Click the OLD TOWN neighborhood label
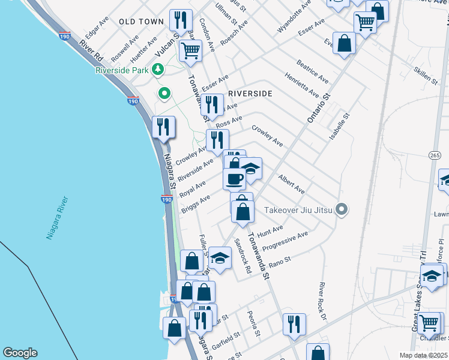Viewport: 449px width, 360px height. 141,22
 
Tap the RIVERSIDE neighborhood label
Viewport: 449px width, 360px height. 251,94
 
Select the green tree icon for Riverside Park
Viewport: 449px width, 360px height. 158,70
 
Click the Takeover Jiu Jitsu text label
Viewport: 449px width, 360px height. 299,210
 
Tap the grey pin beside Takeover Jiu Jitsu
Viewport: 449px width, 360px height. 342,209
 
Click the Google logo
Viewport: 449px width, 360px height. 20,353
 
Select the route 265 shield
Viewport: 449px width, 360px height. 435,155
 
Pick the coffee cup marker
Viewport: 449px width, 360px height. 234,178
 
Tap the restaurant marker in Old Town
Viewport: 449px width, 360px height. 179,20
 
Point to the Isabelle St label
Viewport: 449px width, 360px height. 339,128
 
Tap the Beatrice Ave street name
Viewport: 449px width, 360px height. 312,71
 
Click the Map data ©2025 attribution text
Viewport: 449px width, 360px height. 423,355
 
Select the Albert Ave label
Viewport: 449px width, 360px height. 291,184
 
